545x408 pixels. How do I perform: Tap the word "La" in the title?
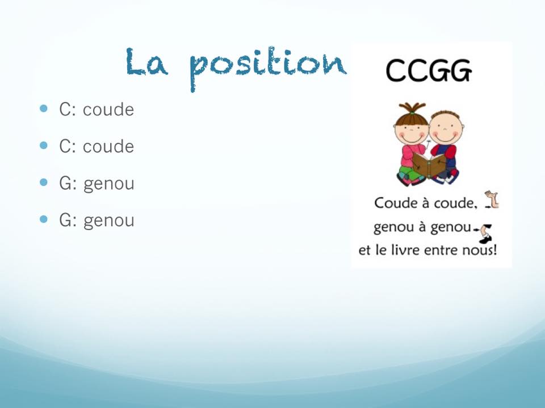(146, 62)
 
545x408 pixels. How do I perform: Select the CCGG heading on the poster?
(429, 70)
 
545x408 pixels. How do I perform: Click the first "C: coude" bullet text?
(97, 109)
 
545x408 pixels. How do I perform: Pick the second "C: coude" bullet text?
(97, 146)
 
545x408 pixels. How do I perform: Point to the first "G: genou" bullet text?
(97, 184)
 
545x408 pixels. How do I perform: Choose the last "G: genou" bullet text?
(97, 220)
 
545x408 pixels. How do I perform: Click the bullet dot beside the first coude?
(44, 108)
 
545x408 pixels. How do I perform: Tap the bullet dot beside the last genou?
(44, 219)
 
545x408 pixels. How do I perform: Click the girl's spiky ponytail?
(412, 107)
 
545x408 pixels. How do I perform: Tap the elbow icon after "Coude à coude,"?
(492, 199)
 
